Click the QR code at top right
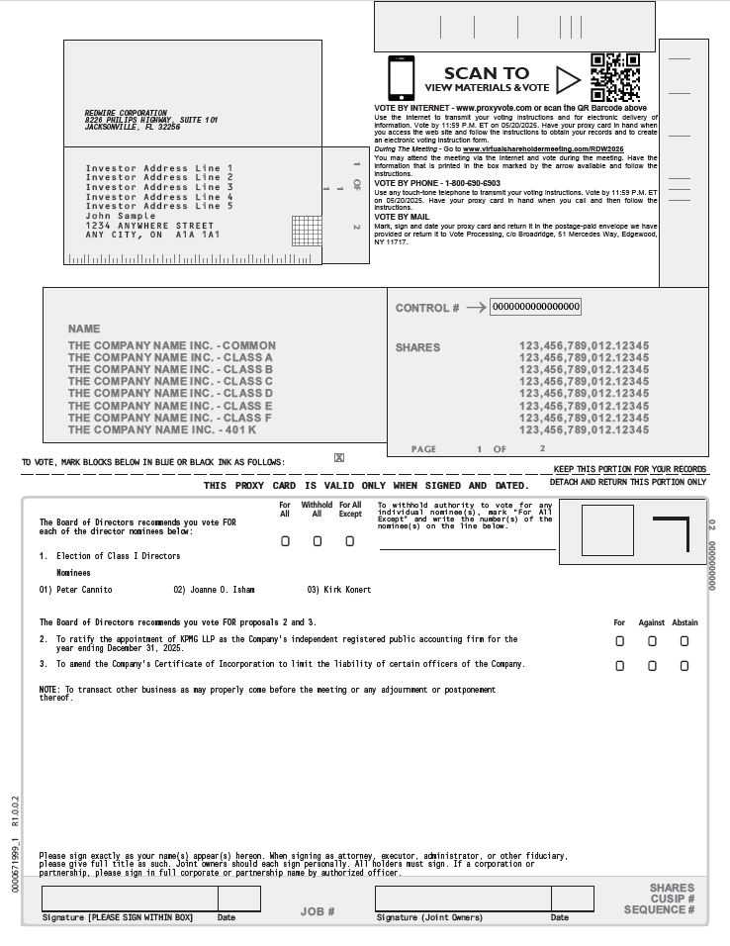click(x=615, y=77)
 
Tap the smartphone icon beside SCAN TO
click(x=401, y=77)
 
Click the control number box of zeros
click(x=535, y=307)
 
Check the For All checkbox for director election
click(x=285, y=541)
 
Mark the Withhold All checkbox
click(x=317, y=541)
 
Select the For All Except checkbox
click(x=349, y=541)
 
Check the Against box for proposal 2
click(x=652, y=641)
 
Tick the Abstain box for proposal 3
click(x=684, y=666)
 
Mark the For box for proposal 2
click(x=619, y=641)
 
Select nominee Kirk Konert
click(x=347, y=590)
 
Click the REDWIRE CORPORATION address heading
click(x=126, y=113)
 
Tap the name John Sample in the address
click(x=121, y=216)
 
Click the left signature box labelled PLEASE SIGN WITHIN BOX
click(x=130, y=899)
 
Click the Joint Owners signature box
click(x=463, y=899)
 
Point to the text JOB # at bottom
click(x=318, y=911)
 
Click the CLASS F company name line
click(x=170, y=418)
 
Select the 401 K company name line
click(x=162, y=429)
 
